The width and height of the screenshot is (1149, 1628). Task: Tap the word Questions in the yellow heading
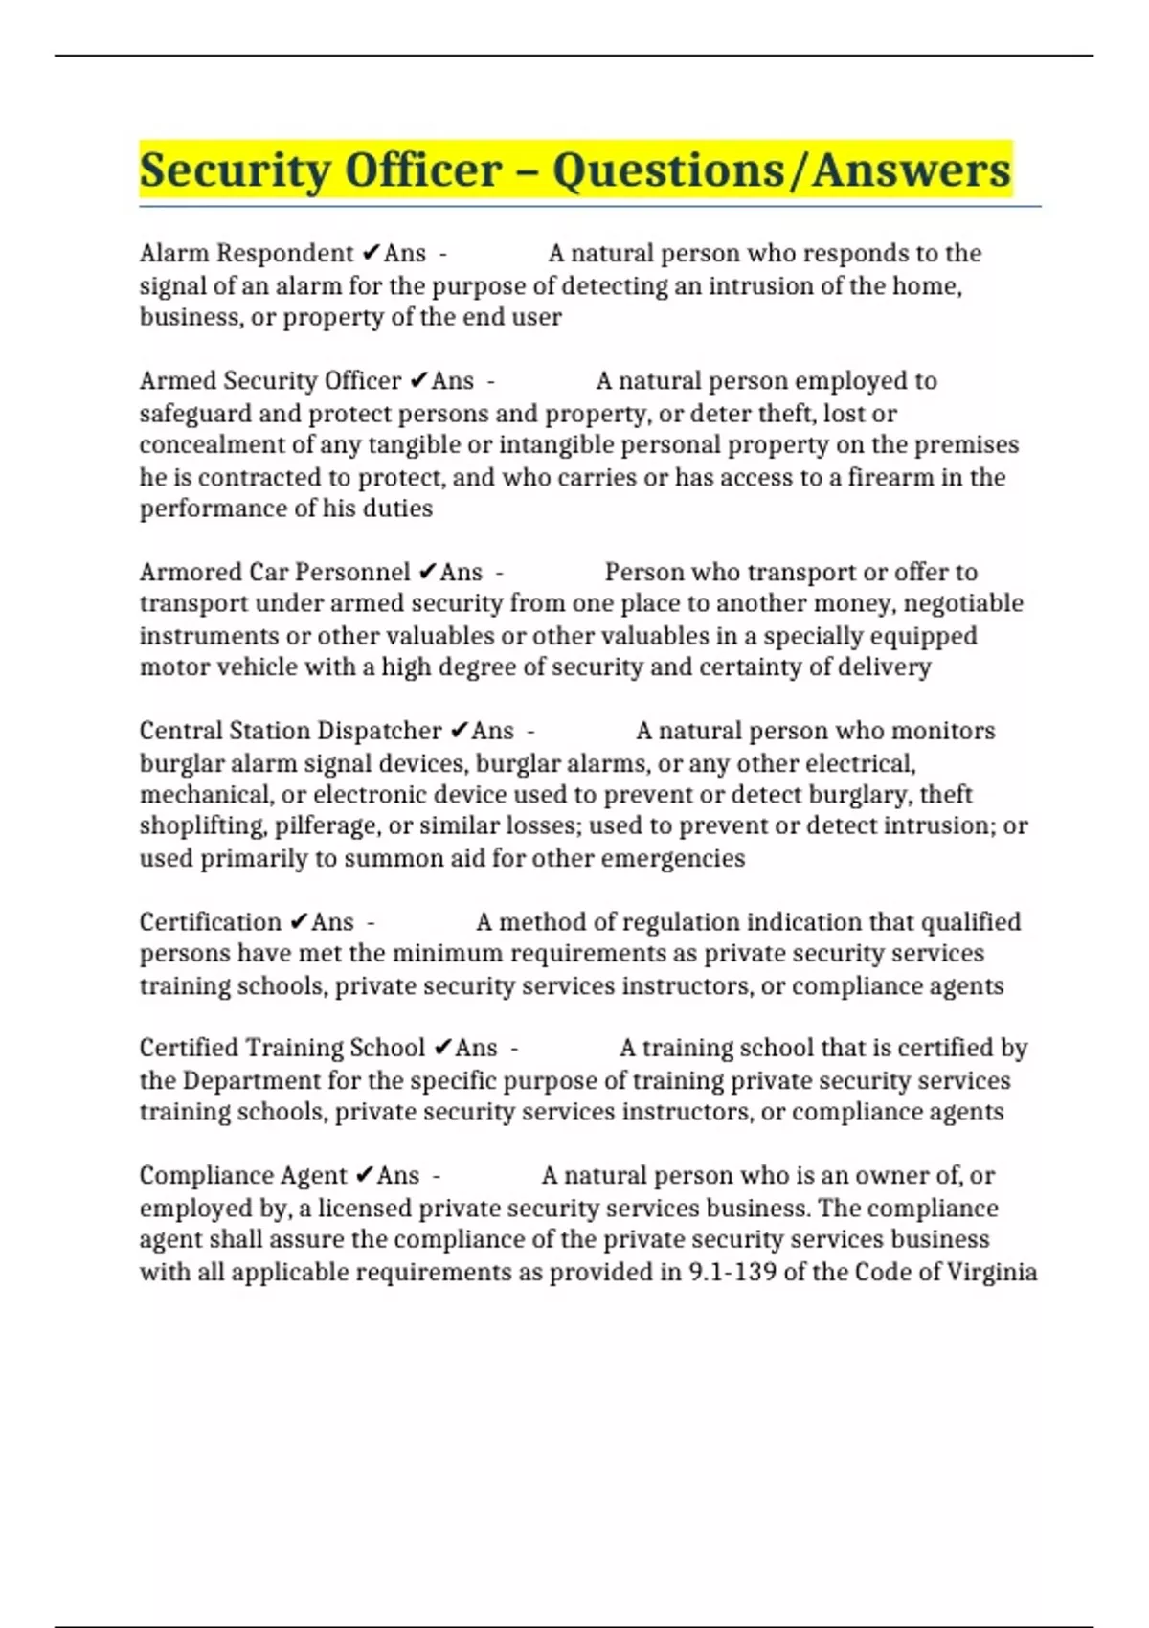click(x=667, y=171)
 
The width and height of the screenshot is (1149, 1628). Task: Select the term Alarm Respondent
click(x=246, y=254)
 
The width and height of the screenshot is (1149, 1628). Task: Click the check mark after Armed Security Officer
click(x=417, y=381)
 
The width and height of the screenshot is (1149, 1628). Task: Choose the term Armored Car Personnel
click(x=275, y=573)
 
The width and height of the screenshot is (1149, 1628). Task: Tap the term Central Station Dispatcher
click(x=290, y=731)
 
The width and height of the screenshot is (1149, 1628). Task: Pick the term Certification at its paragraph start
click(x=210, y=922)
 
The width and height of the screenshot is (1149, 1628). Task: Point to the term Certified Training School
click(x=282, y=1048)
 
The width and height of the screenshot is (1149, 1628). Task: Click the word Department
click(x=258, y=1080)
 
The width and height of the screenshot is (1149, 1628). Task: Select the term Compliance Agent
click(x=243, y=1175)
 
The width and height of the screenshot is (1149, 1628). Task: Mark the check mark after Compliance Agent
click(x=364, y=1175)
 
